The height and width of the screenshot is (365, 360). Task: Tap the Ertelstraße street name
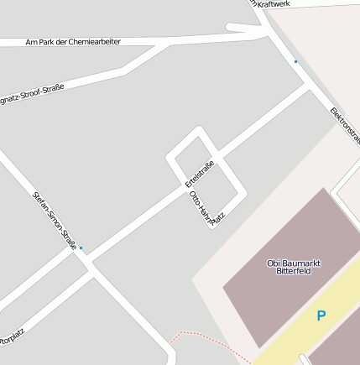tap(200, 174)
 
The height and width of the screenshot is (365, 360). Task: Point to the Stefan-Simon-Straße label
tap(55, 221)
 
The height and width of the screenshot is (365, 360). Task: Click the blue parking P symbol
tap(321, 316)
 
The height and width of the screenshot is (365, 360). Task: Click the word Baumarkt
tap(300, 263)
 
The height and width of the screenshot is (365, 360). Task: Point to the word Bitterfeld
tap(294, 271)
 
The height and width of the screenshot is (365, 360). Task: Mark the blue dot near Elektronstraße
tap(295, 61)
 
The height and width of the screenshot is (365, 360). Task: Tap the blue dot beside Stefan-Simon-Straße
tap(81, 248)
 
